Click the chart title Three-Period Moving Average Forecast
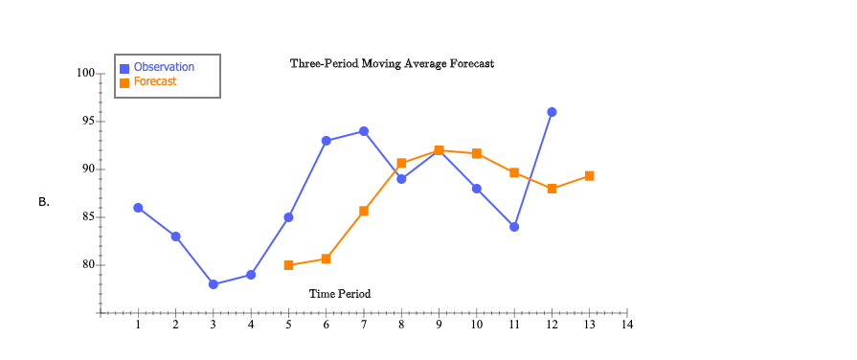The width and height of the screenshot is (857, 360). coord(392,63)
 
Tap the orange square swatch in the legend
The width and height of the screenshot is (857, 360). coord(124,82)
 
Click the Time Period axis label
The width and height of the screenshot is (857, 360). coord(339,294)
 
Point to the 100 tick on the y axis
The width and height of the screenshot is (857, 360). coord(84,74)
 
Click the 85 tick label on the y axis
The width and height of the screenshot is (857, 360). coord(87,217)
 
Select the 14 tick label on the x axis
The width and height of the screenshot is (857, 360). coord(626,326)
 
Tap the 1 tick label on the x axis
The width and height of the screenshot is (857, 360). coord(138,326)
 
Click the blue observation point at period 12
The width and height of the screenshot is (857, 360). coord(552,112)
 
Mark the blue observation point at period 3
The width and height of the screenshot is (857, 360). coord(213,284)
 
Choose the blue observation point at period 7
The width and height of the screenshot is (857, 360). coord(364,131)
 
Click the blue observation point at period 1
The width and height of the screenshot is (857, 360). coord(138,208)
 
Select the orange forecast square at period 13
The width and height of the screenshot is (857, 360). coord(589,176)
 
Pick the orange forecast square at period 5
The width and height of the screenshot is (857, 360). coord(288,265)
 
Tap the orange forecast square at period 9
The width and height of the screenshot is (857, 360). coord(439,150)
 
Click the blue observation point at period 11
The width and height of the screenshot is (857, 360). coord(514,227)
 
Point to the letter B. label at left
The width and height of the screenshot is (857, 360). coord(44,202)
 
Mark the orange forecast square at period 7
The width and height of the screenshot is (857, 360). coord(364,211)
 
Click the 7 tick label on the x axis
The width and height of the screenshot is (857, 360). coord(363,326)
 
